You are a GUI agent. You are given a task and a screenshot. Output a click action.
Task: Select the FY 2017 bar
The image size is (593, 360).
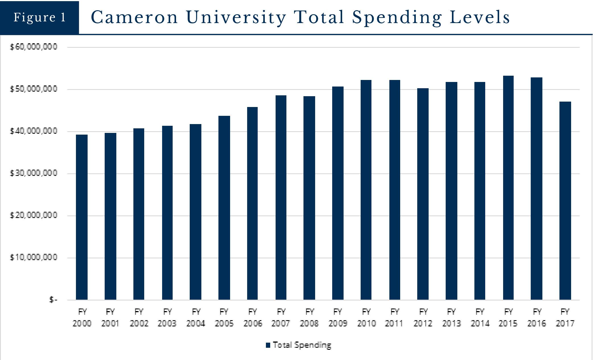(565, 200)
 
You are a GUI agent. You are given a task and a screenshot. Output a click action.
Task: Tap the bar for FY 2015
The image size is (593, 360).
(508, 188)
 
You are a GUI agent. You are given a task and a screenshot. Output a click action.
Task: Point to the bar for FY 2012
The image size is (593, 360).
(423, 194)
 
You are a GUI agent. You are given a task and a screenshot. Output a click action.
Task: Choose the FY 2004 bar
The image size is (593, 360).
(196, 212)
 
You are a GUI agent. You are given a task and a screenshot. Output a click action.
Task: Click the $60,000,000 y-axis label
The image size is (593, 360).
(34, 47)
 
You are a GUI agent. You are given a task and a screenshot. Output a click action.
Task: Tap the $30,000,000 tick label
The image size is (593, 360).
(34, 173)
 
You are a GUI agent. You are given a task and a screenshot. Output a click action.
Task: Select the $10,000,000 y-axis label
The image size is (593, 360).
(34, 258)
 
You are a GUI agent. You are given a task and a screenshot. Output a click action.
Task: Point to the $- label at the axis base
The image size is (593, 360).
(53, 300)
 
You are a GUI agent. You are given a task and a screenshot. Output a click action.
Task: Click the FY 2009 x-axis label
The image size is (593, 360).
(338, 318)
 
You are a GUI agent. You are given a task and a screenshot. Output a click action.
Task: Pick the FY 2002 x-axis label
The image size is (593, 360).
(139, 318)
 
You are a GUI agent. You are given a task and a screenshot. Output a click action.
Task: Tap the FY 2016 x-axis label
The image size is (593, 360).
(537, 318)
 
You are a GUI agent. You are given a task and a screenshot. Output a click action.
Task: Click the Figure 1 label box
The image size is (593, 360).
(40, 17)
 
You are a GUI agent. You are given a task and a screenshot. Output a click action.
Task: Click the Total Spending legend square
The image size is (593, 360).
(268, 345)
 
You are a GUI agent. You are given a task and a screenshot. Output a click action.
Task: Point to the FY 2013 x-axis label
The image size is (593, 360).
(451, 318)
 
